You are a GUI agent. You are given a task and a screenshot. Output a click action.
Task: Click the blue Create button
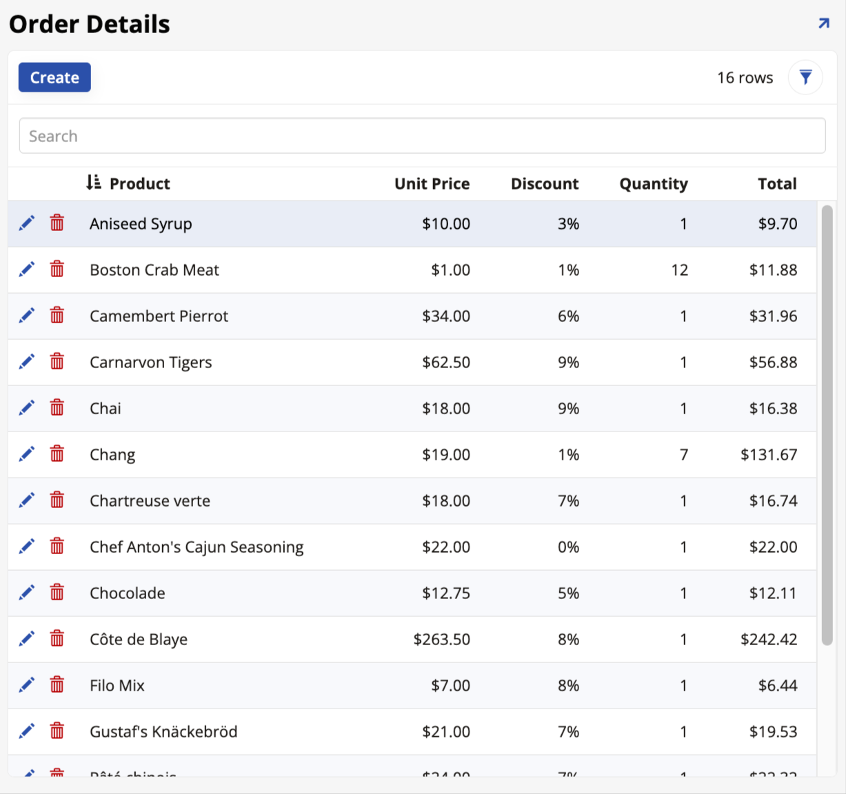[54, 77]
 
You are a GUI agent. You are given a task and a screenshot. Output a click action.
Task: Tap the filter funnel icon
[805, 77]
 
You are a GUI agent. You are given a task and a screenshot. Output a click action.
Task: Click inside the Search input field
[422, 136]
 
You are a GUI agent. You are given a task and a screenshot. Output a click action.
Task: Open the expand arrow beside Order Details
[823, 24]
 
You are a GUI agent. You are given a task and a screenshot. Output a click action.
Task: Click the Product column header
[139, 183]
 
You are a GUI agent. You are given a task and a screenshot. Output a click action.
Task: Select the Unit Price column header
[432, 183]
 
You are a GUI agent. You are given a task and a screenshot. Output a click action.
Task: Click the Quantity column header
[653, 183]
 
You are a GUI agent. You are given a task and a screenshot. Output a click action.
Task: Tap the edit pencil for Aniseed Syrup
[26, 223]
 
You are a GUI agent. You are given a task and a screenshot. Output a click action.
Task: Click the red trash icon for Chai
[57, 408]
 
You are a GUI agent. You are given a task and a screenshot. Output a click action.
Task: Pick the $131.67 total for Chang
[769, 455]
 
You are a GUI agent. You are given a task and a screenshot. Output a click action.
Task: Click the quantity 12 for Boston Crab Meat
[679, 270]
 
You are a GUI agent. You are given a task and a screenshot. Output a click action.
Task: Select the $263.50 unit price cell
[441, 640]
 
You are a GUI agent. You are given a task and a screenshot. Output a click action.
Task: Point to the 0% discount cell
[568, 547]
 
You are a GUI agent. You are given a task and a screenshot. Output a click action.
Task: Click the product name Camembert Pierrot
[159, 316]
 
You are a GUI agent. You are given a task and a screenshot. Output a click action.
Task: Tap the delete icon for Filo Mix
[57, 685]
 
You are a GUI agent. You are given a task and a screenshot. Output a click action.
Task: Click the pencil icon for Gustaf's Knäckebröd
[26, 731]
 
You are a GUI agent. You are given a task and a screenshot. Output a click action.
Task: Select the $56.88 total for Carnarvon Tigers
[773, 363]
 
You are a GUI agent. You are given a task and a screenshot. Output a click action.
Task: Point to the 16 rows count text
[745, 78]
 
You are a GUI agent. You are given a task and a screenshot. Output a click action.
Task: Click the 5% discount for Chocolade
[568, 593]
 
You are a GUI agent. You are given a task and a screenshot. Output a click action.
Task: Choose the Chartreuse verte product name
[150, 501]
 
